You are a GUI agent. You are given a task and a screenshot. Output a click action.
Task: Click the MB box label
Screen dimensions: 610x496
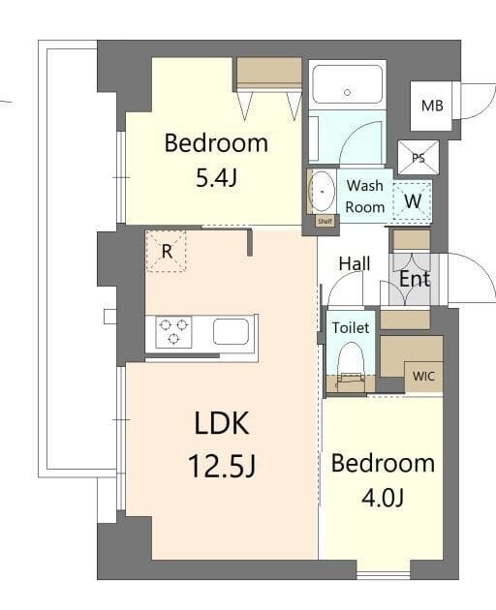(432, 105)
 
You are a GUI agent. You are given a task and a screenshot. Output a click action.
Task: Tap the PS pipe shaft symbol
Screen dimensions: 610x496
(418, 158)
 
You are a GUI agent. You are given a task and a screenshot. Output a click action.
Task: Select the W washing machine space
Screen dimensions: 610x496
(413, 201)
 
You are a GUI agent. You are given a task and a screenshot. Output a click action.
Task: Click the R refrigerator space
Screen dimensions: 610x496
(167, 252)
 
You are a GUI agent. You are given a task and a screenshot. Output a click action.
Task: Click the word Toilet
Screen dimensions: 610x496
(351, 328)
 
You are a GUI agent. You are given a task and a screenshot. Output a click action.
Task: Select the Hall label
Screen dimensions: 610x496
(354, 263)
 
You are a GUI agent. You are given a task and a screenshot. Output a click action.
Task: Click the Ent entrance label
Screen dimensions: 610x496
(415, 279)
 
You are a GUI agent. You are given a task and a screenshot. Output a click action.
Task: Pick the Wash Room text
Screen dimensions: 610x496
(365, 196)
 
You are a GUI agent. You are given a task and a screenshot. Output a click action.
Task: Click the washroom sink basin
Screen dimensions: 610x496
(321, 193)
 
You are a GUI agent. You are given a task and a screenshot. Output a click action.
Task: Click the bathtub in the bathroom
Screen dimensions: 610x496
(347, 85)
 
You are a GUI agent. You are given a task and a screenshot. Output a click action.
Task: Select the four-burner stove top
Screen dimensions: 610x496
(174, 332)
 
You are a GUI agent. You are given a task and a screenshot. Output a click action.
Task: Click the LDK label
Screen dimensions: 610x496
(222, 423)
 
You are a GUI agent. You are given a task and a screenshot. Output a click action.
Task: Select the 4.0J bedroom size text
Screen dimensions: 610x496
(382, 498)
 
